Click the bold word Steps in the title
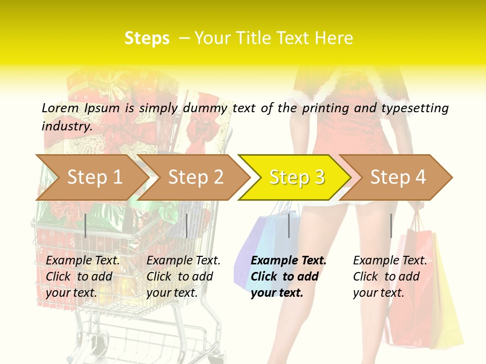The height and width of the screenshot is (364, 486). [147, 38]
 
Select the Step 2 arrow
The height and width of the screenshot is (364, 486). [195, 177]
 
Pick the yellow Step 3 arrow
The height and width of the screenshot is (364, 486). [297, 177]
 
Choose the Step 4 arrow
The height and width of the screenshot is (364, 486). [398, 177]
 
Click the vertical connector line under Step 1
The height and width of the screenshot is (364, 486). [86, 225]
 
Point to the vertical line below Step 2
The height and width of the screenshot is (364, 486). [187, 225]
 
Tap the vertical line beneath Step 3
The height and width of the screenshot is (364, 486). [289, 225]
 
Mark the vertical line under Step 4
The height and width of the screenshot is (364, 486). [391, 225]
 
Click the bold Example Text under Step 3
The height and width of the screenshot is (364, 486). [289, 277]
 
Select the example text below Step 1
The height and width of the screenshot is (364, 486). [83, 277]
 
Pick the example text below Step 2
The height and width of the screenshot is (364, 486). [183, 277]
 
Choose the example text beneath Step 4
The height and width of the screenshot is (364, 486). [390, 277]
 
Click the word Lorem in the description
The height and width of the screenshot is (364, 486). [60, 108]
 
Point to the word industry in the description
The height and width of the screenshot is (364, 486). [67, 126]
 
